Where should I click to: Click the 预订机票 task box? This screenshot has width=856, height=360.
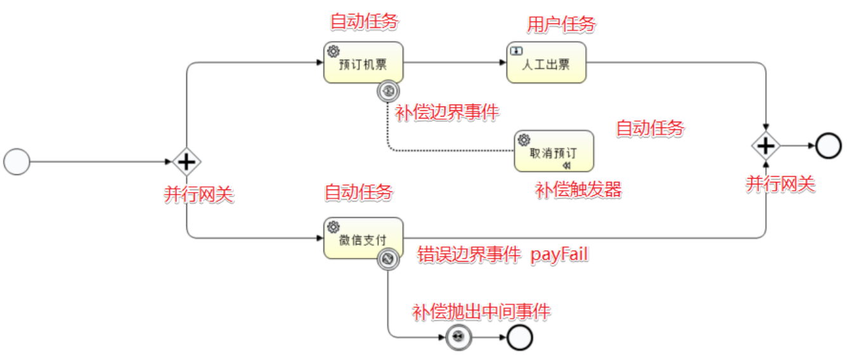363,62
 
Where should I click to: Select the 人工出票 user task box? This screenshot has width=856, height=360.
546,62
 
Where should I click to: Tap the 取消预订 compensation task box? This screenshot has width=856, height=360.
554,151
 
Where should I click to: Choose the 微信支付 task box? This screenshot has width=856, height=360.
363,238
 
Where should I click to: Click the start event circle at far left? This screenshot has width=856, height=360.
16,162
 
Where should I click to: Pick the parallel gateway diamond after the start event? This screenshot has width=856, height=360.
186,162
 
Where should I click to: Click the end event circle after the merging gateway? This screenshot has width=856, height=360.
828,146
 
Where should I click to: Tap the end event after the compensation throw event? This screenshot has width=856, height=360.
519,338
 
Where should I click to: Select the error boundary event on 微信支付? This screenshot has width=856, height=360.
387,259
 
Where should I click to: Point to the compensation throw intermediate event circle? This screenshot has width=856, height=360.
458,338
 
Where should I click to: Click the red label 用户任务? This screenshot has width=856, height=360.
561,24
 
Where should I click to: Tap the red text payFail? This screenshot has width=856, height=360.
560,255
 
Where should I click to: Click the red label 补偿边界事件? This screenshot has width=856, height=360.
447,113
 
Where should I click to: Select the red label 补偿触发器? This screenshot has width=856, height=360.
578,190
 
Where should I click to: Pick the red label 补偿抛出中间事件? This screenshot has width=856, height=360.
481,311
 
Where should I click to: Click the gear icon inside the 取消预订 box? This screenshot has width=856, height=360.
524,139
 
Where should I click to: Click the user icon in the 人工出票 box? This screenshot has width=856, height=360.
516,51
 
